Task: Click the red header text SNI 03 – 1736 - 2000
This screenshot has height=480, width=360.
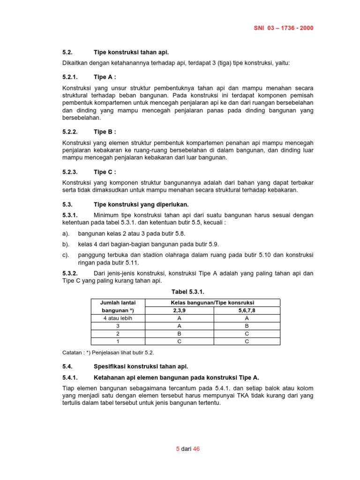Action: click(x=284, y=28)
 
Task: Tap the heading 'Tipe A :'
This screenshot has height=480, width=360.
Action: click(x=105, y=77)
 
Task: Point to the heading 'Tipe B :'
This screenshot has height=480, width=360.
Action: click(x=105, y=132)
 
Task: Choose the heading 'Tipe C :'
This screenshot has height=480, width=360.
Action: click(x=105, y=172)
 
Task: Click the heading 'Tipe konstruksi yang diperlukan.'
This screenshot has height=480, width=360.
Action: click(x=141, y=204)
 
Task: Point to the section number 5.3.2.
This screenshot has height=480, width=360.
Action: click(x=72, y=273)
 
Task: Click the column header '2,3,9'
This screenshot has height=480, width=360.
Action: click(x=180, y=310)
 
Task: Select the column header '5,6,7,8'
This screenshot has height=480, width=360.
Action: click(x=247, y=310)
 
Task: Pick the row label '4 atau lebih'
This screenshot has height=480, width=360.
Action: click(x=118, y=318)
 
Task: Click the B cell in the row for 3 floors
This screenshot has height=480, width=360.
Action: click(x=247, y=326)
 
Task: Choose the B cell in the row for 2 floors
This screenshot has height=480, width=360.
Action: click(x=180, y=333)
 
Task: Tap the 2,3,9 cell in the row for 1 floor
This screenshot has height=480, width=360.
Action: click(x=180, y=341)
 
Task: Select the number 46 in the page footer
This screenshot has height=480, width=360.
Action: click(x=196, y=449)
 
